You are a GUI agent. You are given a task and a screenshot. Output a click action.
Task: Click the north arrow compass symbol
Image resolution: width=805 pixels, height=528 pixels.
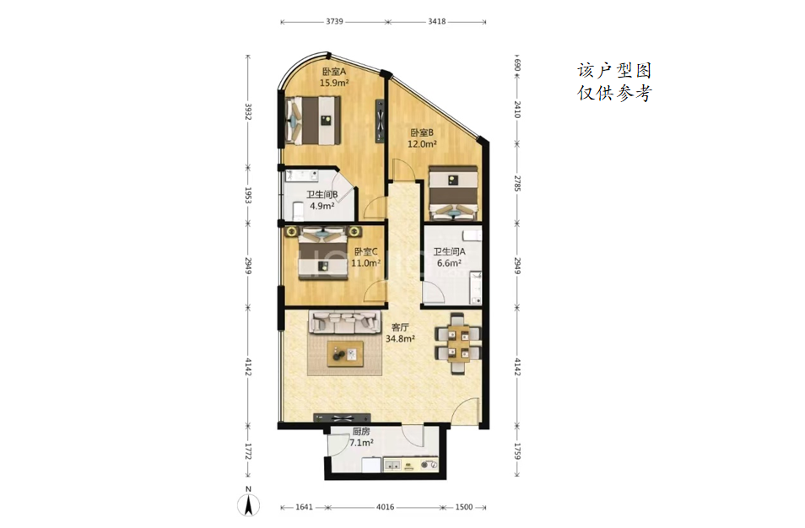point(248,502)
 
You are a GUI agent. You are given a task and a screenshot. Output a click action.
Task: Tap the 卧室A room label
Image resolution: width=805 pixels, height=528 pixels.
point(334,72)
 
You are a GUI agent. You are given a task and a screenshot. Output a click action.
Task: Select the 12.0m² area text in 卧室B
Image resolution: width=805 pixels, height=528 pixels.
point(422,144)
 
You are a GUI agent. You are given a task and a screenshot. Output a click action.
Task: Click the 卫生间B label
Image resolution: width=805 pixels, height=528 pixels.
point(321,195)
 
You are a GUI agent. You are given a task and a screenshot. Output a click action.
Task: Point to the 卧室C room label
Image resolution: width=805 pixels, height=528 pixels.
point(366,251)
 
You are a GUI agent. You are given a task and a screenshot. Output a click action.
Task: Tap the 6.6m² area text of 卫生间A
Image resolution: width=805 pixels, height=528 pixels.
point(449,263)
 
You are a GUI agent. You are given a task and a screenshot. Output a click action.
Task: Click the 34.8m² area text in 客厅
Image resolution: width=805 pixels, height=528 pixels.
point(401,339)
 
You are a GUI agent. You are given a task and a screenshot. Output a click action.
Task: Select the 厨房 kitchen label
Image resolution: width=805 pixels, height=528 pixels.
point(361,432)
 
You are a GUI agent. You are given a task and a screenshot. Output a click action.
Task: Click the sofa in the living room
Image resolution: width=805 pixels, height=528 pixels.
point(343,322)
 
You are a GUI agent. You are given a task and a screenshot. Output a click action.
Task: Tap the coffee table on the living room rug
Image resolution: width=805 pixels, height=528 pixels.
point(345,354)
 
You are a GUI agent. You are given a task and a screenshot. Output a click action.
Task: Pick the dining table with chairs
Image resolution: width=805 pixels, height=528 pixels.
point(458,343)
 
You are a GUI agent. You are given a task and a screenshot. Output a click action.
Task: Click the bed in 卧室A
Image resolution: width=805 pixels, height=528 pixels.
point(313,121)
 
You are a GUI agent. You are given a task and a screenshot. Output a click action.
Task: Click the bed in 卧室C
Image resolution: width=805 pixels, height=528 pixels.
point(324,254)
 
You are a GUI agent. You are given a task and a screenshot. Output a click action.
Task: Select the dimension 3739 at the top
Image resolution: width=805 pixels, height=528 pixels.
point(334,22)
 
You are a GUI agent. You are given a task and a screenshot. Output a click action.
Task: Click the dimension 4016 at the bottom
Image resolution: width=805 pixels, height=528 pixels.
point(385,507)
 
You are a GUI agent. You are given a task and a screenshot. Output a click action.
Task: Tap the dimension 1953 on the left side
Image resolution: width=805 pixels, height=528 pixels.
point(248,196)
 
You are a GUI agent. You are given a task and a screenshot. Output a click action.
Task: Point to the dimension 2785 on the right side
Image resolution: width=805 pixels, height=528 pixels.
point(517,183)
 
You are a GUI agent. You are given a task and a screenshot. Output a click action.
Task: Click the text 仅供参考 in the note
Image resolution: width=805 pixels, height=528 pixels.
point(614,93)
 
